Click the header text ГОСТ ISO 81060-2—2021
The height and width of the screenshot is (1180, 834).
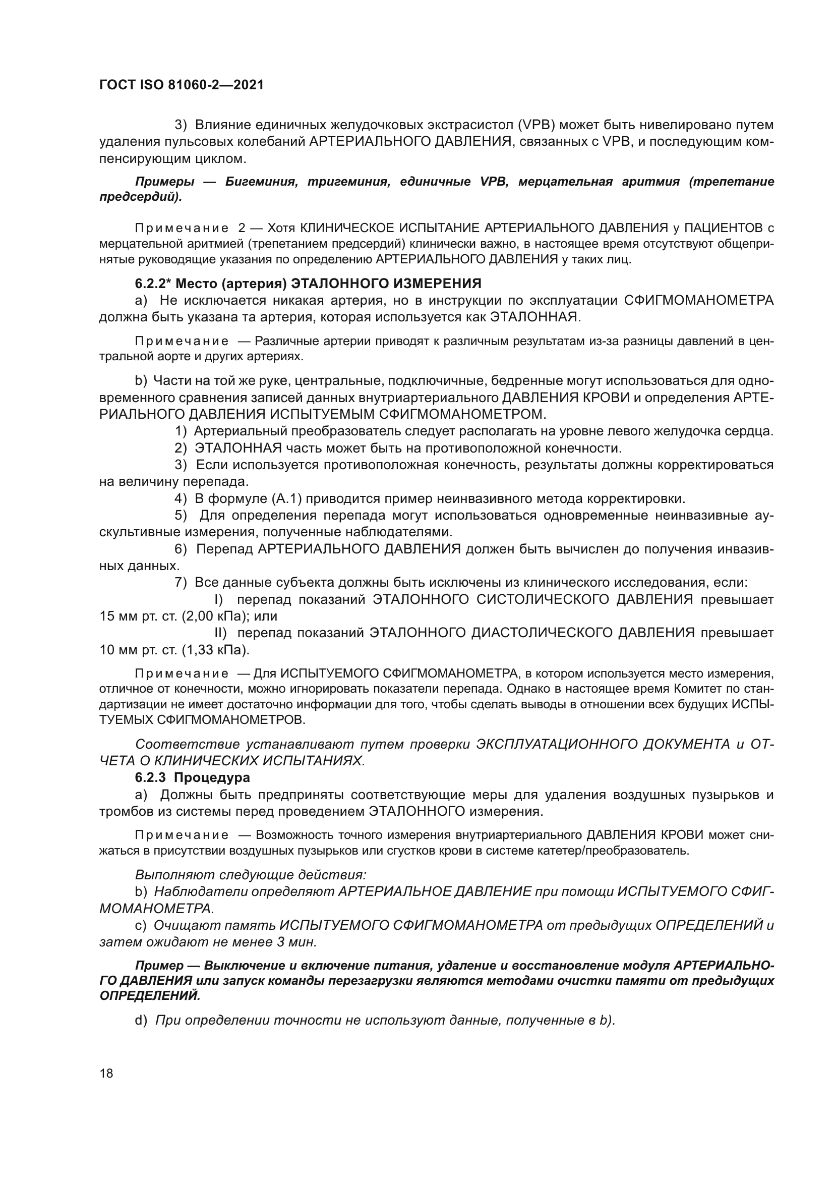pyautogui.click(x=182, y=85)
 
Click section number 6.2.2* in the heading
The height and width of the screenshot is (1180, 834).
pyautogui.click(x=152, y=284)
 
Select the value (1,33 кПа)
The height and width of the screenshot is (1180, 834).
pyautogui.click(x=215, y=650)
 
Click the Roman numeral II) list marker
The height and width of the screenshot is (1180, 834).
pyautogui.click(x=220, y=633)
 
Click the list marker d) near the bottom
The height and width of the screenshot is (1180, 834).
pyautogui.click(x=141, y=1020)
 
